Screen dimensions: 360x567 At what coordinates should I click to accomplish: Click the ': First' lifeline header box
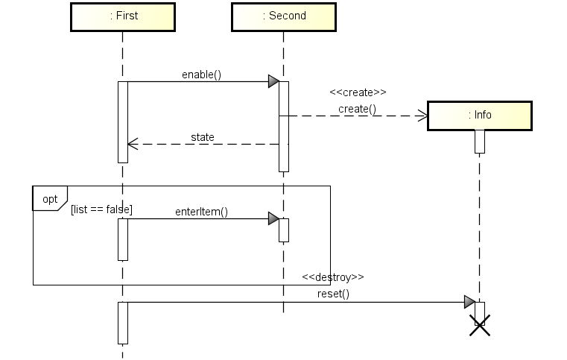(122, 16)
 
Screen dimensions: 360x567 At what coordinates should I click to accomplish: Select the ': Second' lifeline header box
(283, 16)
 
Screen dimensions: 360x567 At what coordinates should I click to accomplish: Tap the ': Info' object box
(479, 116)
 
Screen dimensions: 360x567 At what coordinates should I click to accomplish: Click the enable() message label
(201, 75)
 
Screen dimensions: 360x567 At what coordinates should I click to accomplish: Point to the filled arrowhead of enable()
(273, 81)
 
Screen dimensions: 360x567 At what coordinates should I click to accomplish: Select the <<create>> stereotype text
(358, 93)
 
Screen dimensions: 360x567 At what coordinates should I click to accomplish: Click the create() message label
(358, 109)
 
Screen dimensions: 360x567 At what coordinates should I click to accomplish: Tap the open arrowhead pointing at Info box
(422, 116)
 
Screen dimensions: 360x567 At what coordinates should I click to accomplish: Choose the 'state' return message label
(202, 137)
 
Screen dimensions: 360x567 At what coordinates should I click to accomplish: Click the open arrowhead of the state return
(132, 144)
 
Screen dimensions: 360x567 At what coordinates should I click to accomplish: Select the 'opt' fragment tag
(50, 199)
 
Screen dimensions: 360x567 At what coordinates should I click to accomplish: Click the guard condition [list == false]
(101, 209)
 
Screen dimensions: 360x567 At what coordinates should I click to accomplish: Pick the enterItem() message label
(201, 212)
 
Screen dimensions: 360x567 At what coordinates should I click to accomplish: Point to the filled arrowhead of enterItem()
(273, 218)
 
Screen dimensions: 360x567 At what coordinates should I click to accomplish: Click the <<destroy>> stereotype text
(333, 277)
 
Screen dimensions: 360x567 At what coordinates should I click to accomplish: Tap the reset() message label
(333, 294)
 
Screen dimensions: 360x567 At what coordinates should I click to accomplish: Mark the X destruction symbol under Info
(480, 325)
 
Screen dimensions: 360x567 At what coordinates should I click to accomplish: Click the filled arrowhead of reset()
(469, 302)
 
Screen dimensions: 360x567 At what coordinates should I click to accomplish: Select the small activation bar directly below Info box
(480, 141)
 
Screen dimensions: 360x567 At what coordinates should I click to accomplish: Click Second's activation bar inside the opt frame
(283, 230)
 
